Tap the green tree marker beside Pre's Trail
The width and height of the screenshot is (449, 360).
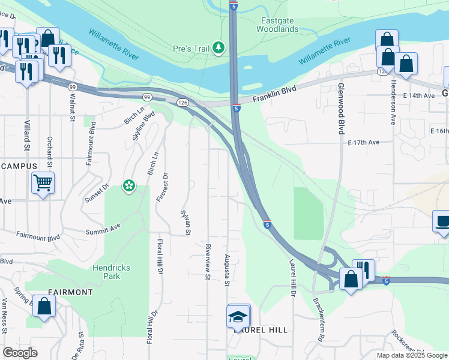(x=219, y=47)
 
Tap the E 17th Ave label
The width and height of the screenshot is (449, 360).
(x=364, y=142)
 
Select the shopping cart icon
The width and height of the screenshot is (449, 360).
(x=43, y=182)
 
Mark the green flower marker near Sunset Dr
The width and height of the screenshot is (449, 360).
(x=128, y=186)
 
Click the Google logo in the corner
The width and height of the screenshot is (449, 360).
(x=20, y=353)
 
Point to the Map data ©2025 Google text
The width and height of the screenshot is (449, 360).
(x=411, y=355)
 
